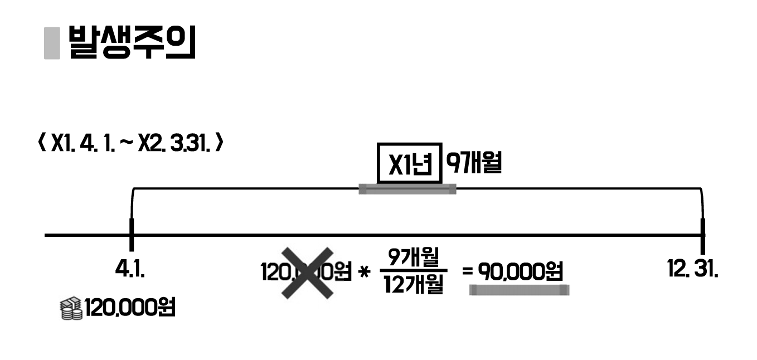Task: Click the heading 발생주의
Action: click(132, 42)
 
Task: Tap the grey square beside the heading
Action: click(52, 42)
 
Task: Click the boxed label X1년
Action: click(410, 163)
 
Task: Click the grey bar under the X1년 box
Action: click(407, 189)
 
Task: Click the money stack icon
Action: click(71, 309)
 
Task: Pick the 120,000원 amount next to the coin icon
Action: click(129, 307)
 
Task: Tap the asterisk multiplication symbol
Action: click(365, 274)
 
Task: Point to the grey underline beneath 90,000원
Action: click(518, 289)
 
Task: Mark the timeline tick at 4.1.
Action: click(132, 235)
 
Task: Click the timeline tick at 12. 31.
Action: click(702, 235)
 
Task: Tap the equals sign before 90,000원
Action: click(467, 273)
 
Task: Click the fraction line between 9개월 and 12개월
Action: click(413, 271)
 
